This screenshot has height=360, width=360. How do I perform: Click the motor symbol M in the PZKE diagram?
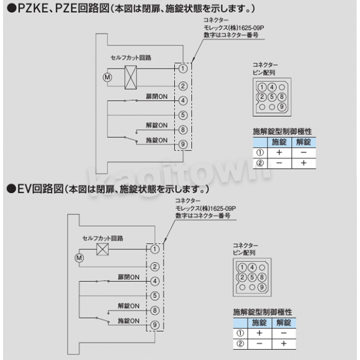tap(107, 77)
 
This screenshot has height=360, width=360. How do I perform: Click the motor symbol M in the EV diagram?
tap(79, 258)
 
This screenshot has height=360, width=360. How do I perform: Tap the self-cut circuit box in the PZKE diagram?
tap(130, 77)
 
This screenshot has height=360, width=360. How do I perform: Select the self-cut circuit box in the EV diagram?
tap(102, 249)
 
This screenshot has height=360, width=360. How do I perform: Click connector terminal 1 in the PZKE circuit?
tap(183, 69)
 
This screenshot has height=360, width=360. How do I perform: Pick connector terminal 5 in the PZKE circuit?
tap(183, 115)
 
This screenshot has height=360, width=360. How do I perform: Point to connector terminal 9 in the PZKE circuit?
tap(183, 144)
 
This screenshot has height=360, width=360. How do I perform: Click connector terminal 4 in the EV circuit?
tap(155, 281)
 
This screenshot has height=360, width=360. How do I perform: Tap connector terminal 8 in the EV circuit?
tap(155, 310)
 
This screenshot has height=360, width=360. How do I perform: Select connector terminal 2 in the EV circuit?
tap(155, 267)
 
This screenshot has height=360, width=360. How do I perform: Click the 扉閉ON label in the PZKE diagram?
tap(157, 97)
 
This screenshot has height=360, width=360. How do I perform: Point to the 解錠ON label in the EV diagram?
tap(128, 306)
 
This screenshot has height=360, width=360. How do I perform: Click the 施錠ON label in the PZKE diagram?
tap(157, 140)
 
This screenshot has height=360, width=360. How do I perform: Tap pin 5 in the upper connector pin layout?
tap(272, 97)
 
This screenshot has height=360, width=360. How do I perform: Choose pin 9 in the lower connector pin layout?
tap(262, 287)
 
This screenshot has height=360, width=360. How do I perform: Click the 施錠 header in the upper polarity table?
tap(279, 142)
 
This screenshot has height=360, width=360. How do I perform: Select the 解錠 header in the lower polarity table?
tap(284, 322)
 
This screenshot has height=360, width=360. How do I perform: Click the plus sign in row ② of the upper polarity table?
tap(304, 163)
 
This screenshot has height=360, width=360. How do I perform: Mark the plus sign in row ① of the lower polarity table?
tap(259, 333)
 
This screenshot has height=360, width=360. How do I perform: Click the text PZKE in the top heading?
tap(33, 9)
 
